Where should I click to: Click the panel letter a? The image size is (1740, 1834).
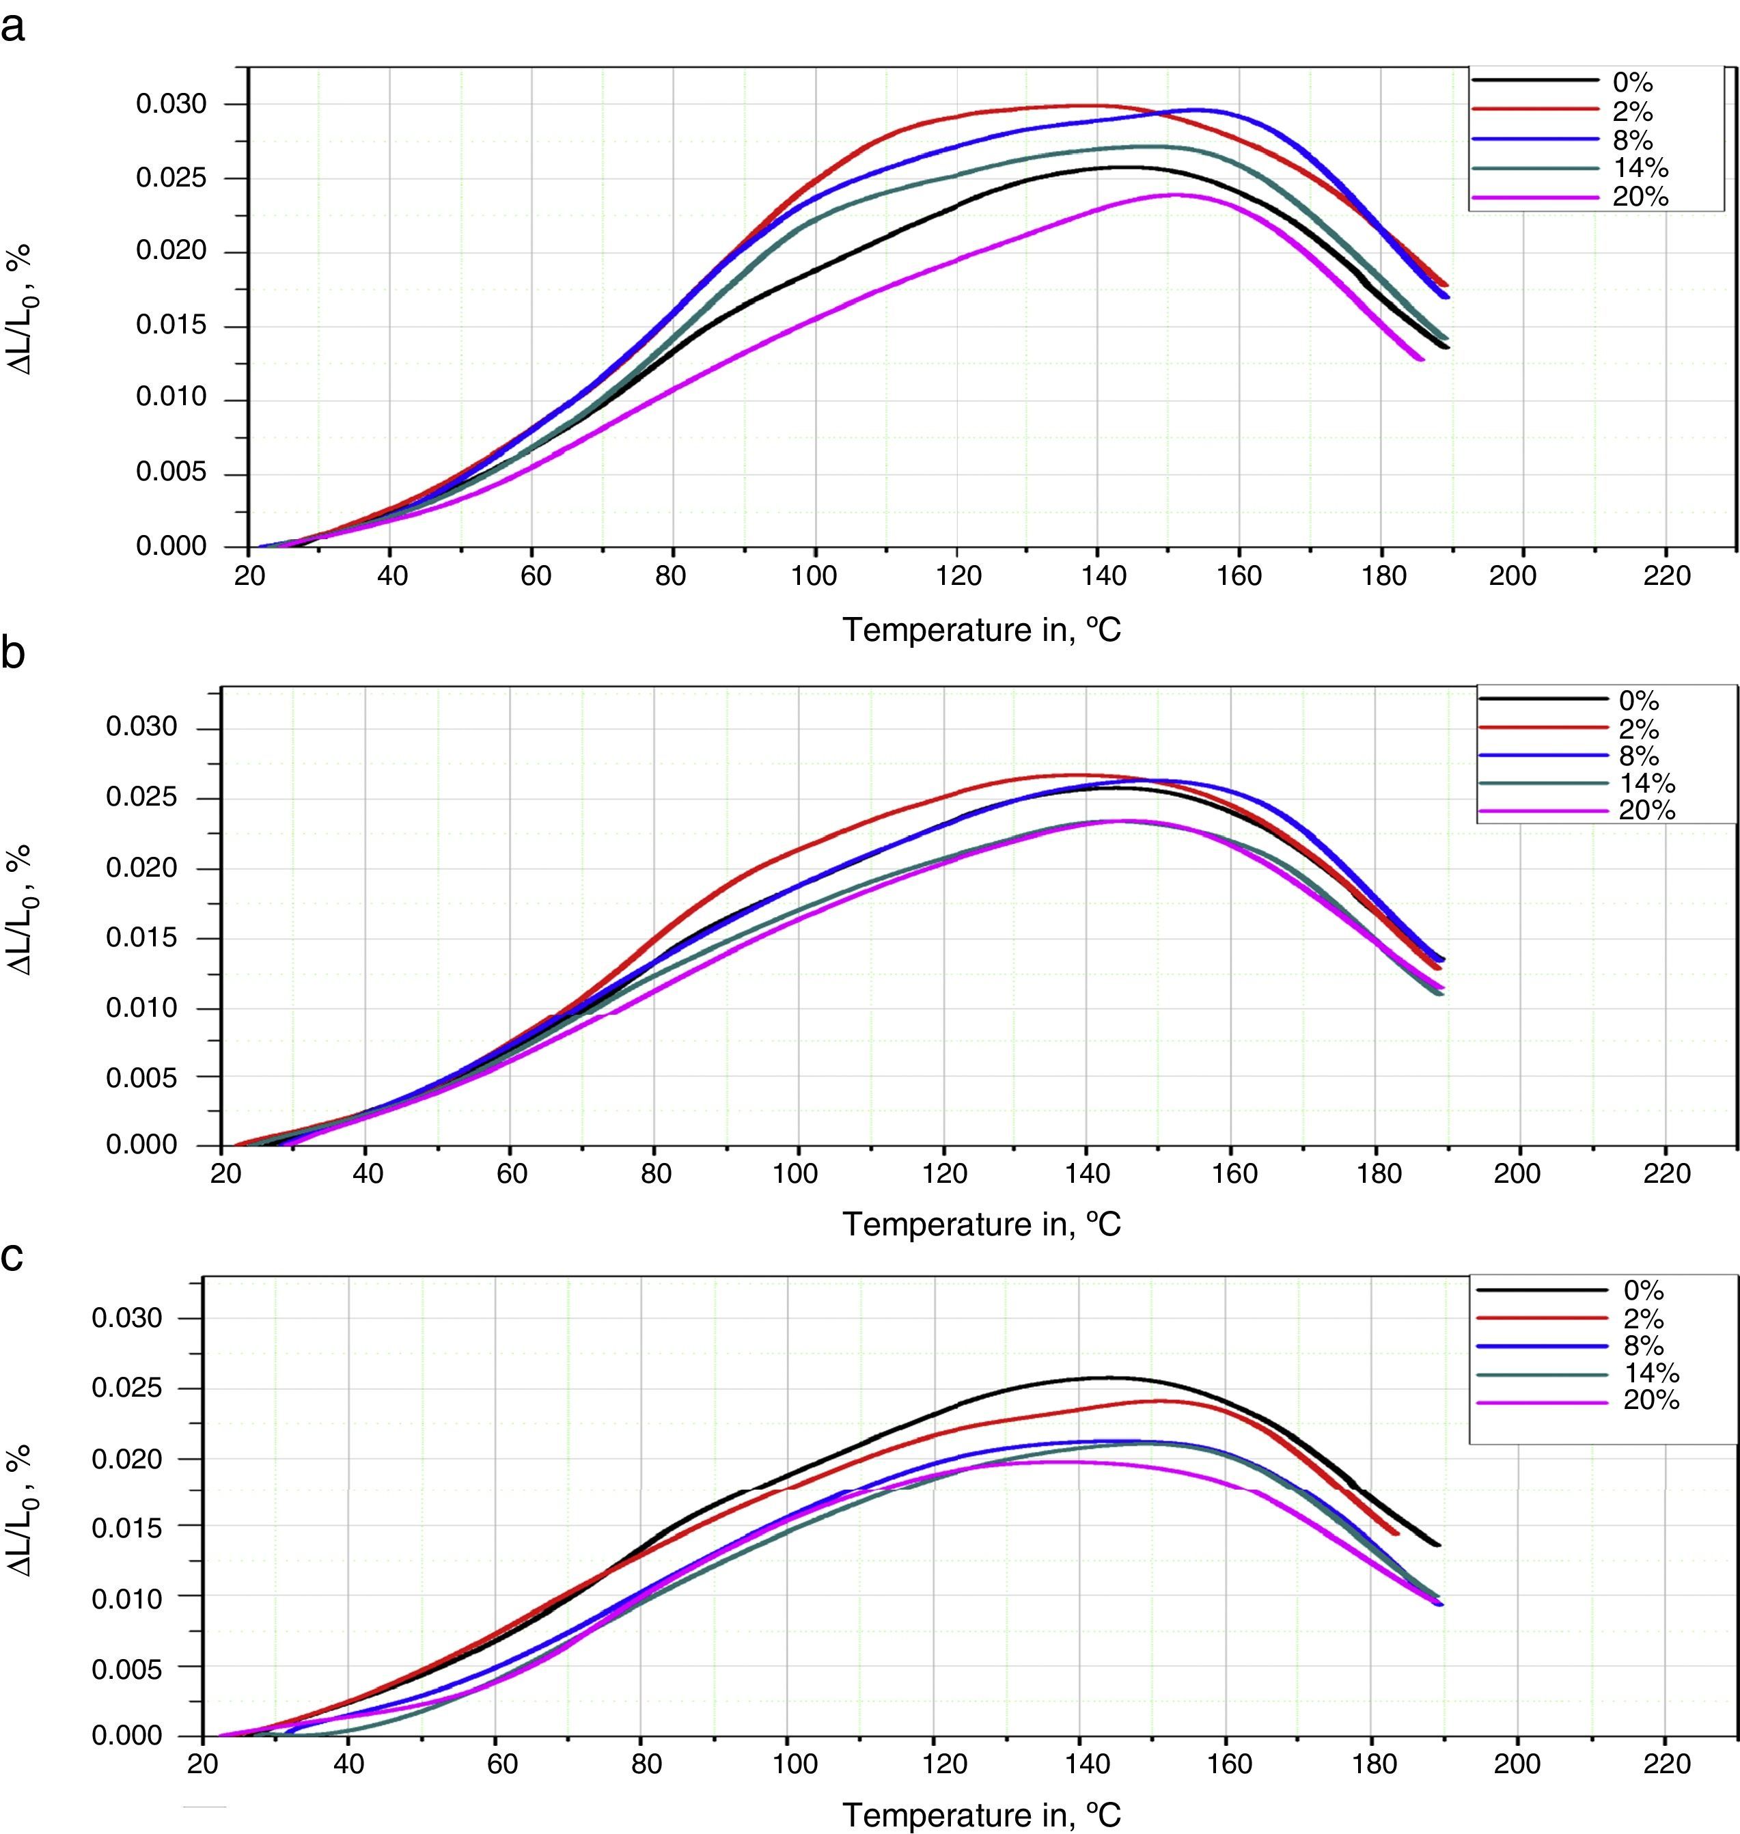tap(13, 28)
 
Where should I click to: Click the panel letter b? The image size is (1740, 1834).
tap(13, 654)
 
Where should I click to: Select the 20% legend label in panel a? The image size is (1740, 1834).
tap(1640, 197)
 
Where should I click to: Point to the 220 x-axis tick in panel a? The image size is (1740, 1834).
tap(1666, 576)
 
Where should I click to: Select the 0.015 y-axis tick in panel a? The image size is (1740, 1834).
tap(171, 327)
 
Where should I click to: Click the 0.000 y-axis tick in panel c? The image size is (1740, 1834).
tap(126, 1736)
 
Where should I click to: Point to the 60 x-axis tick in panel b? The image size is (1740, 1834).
tap(511, 1173)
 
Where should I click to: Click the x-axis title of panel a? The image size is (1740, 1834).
tap(981, 631)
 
